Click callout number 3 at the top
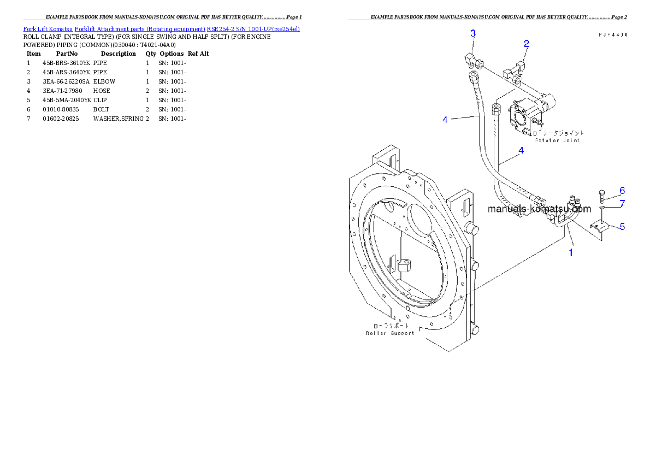pos(473,33)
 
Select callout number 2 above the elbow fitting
pos(526,43)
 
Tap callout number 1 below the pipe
pos(571,253)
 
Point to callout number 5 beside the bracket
pos(622,226)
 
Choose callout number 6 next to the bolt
pos(622,191)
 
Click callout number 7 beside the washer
pos(622,204)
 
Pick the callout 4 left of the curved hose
pos(445,119)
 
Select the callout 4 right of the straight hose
pos(521,150)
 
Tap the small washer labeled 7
pos(601,208)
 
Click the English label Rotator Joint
pos(557,140)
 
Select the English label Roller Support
pos(390,333)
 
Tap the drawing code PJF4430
pos(612,34)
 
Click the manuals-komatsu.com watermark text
pos(539,209)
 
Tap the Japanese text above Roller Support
pos(390,326)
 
